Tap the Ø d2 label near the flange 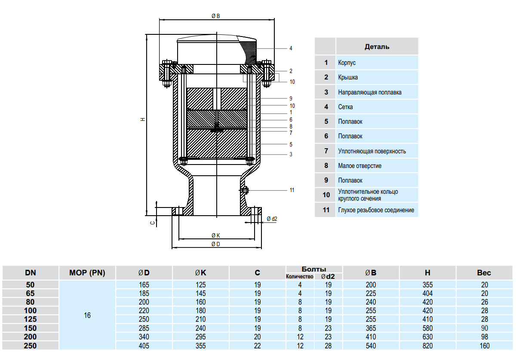point(272,219)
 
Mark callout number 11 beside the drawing point(292,190)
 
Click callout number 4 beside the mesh point(291,48)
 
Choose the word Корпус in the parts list point(347,63)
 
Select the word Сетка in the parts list point(345,107)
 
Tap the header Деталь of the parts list point(377,47)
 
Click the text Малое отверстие point(359,166)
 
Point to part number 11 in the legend point(326,210)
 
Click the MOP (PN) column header point(87,273)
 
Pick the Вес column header point(484,273)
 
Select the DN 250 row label point(31,346)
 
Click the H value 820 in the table point(428,346)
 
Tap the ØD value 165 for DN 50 point(144,285)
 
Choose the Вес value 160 point(484,346)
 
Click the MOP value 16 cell point(87,315)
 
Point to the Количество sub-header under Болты point(300,277)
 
